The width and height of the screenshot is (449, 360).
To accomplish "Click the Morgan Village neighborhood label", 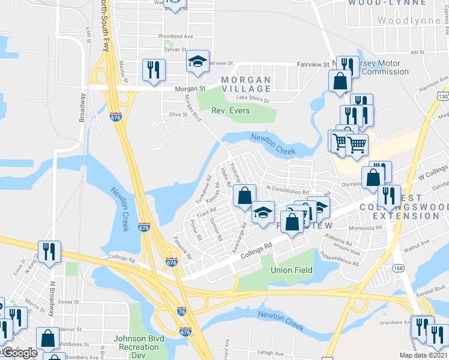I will coord(246,84).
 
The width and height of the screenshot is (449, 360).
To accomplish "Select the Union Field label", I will coord(291,270).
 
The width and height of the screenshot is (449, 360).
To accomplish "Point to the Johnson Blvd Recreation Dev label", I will coord(131,350).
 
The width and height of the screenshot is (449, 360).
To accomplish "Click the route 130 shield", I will coord(442,97).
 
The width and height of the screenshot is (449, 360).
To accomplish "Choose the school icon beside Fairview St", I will coord(197,61).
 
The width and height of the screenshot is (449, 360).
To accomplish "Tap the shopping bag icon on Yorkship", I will coord(244,196).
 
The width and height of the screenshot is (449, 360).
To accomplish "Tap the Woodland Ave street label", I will coord(175,37).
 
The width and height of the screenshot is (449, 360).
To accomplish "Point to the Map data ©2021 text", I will coord(423,355).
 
